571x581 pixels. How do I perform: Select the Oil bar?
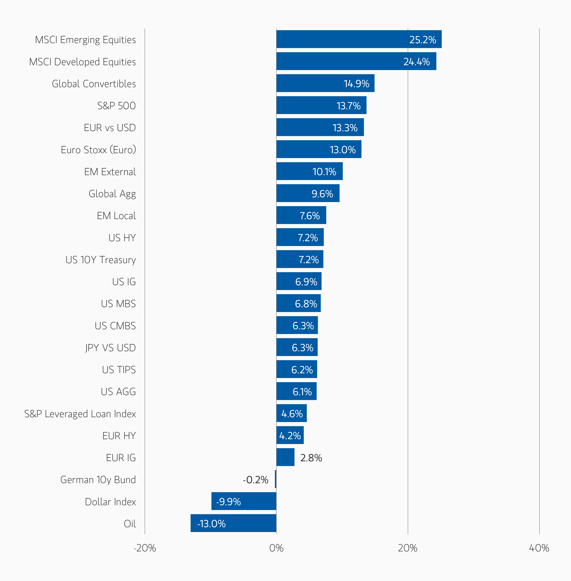[x=233, y=523]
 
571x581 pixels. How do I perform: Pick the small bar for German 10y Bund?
[x=276, y=479]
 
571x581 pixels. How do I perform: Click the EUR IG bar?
[x=285, y=457]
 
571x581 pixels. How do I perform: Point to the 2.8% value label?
[x=311, y=458]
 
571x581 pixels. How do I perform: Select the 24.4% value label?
[x=416, y=62]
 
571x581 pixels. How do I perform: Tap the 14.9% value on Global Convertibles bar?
[x=356, y=84]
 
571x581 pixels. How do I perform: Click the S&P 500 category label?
[x=116, y=106]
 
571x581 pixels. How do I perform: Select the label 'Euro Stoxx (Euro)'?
[x=98, y=150]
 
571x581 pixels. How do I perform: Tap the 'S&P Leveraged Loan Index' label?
[x=80, y=414]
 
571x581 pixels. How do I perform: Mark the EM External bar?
[x=309, y=171]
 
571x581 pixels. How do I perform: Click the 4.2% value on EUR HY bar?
[x=290, y=436]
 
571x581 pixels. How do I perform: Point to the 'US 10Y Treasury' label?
[x=101, y=259]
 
